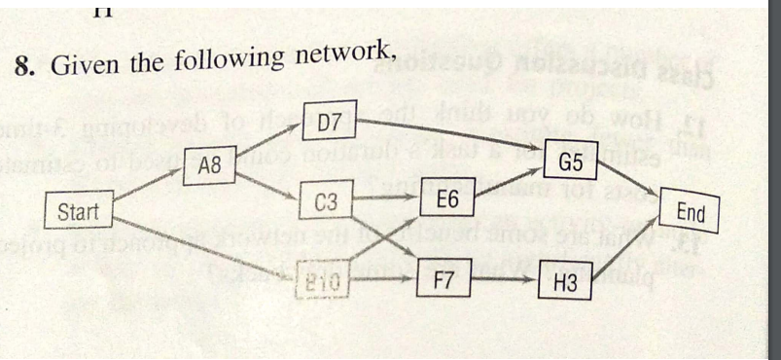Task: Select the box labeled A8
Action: pyautogui.click(x=210, y=166)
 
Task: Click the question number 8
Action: pyautogui.click(x=25, y=69)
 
